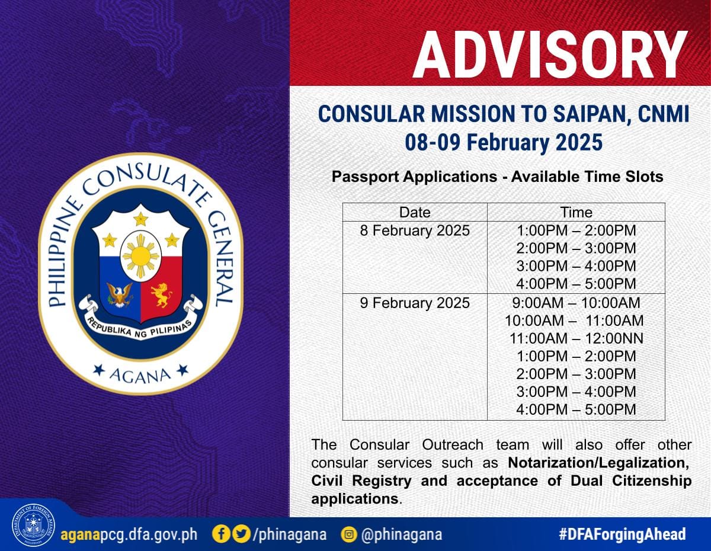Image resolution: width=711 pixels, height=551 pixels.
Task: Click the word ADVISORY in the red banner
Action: pyautogui.click(x=550, y=55)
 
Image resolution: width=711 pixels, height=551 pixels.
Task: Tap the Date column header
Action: pyautogui.click(x=415, y=212)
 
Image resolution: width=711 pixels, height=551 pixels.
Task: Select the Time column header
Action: pyautogui.click(x=576, y=212)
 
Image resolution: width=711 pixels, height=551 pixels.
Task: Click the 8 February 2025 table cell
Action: pyautogui.click(x=415, y=230)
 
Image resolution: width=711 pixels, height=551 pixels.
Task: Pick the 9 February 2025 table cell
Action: pyautogui.click(x=415, y=303)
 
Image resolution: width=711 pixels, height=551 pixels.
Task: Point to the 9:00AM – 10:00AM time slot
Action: pyautogui.click(x=576, y=303)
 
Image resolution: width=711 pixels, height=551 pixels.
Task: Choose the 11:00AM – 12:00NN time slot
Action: pyautogui.click(x=576, y=338)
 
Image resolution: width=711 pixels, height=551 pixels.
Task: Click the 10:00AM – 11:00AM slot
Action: pyautogui.click(x=574, y=321)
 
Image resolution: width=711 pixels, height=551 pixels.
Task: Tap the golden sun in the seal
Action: pyautogui.click(x=140, y=256)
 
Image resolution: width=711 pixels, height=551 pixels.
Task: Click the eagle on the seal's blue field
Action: pyautogui.click(x=120, y=294)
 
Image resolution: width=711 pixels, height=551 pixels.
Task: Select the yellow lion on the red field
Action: pyautogui.click(x=161, y=295)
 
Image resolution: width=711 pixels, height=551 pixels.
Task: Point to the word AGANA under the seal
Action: pyautogui.click(x=140, y=376)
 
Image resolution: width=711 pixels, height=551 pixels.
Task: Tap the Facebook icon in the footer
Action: pyautogui.click(x=222, y=534)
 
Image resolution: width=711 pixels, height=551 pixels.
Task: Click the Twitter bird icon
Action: pyautogui.click(x=242, y=534)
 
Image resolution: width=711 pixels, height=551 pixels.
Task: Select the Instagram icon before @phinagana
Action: pyautogui.click(x=349, y=534)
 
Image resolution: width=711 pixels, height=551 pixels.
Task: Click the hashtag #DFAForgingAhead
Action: pyautogui.click(x=622, y=534)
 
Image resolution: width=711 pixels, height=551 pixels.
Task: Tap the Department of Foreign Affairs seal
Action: pyautogui.click(x=33, y=526)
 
